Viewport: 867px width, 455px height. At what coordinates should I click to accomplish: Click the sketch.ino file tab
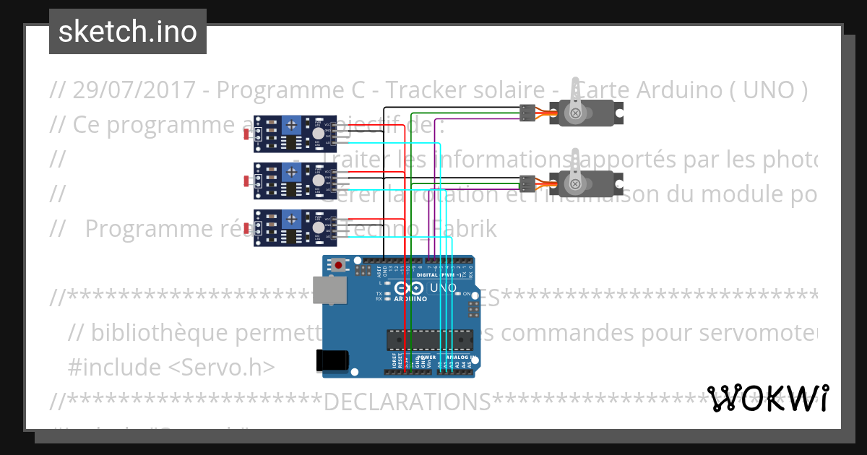click(x=128, y=32)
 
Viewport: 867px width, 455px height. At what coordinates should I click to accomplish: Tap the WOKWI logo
click(x=767, y=399)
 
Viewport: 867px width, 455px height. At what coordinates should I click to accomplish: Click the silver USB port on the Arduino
click(x=329, y=290)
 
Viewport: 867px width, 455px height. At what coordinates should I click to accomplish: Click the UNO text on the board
click(x=443, y=287)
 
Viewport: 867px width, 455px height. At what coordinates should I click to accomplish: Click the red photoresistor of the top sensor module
click(x=247, y=135)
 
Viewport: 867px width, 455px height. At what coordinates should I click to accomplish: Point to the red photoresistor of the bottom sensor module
click(x=247, y=228)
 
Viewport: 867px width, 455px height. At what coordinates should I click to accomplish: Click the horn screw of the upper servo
click(x=576, y=113)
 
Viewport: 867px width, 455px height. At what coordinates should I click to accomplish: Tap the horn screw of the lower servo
click(x=576, y=184)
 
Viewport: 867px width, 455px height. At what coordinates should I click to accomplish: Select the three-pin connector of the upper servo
click(x=527, y=112)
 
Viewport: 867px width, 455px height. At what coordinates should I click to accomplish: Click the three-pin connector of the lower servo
click(x=527, y=183)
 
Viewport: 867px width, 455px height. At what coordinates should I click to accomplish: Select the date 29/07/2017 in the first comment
click(x=134, y=90)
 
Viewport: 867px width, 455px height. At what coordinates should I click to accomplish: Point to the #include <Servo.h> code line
click(x=171, y=367)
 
